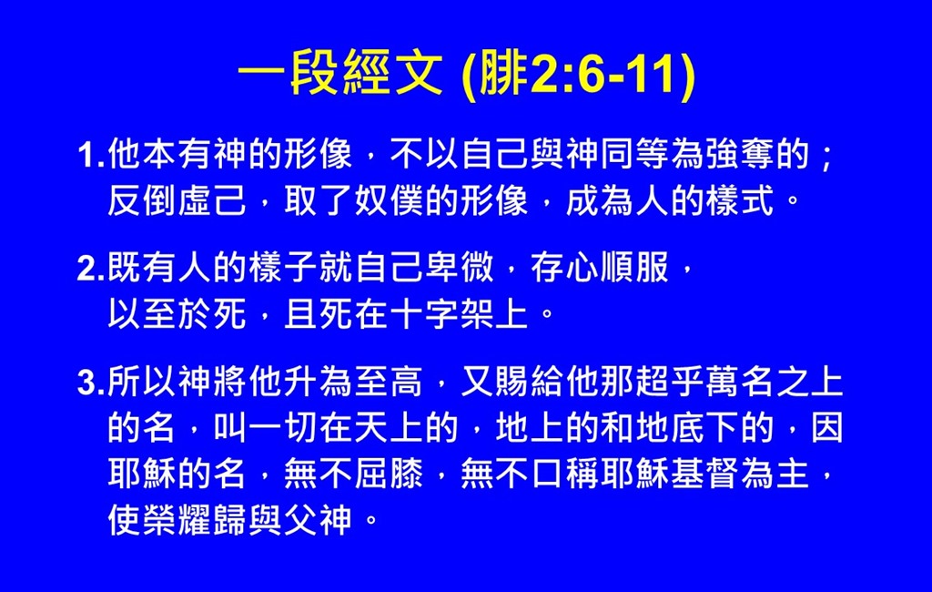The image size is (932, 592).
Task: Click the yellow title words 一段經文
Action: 340,74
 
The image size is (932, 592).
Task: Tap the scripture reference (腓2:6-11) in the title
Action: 578,75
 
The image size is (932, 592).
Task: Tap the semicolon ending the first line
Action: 826,157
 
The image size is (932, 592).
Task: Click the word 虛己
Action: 211,200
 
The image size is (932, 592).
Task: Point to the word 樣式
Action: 740,200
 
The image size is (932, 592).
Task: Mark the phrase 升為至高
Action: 352,382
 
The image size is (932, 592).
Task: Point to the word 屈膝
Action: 388,475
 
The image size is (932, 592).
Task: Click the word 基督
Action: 705,475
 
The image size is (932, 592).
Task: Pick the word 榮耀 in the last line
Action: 177,521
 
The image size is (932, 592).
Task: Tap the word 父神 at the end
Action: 318,521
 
